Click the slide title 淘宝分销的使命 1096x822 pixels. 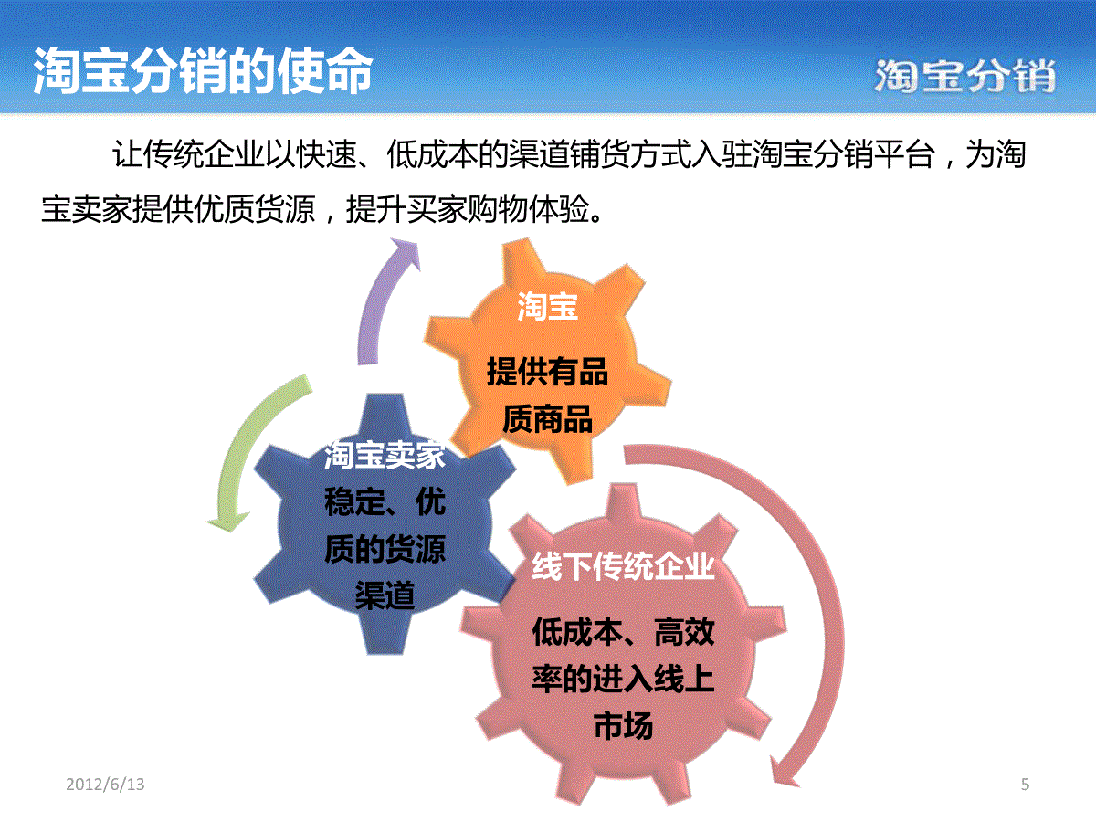click(203, 71)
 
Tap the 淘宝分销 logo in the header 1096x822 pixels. click(965, 76)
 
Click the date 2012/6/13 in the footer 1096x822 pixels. click(105, 784)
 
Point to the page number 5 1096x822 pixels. click(1025, 784)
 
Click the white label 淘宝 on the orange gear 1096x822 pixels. click(548, 306)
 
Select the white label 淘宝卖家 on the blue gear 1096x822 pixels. click(385, 455)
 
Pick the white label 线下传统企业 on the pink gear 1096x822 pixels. click(623, 566)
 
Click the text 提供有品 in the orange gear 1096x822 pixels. click(547, 372)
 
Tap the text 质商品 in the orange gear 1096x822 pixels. click(547, 419)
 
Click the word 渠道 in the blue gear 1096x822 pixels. click(385, 595)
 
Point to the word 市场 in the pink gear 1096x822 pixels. click(623, 725)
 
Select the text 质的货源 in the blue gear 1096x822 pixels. click(385, 549)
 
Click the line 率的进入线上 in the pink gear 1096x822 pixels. click(623, 679)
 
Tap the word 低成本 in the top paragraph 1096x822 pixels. click(432, 154)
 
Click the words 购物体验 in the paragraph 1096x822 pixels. click(529, 208)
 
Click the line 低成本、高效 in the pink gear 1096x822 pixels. click(623, 632)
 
